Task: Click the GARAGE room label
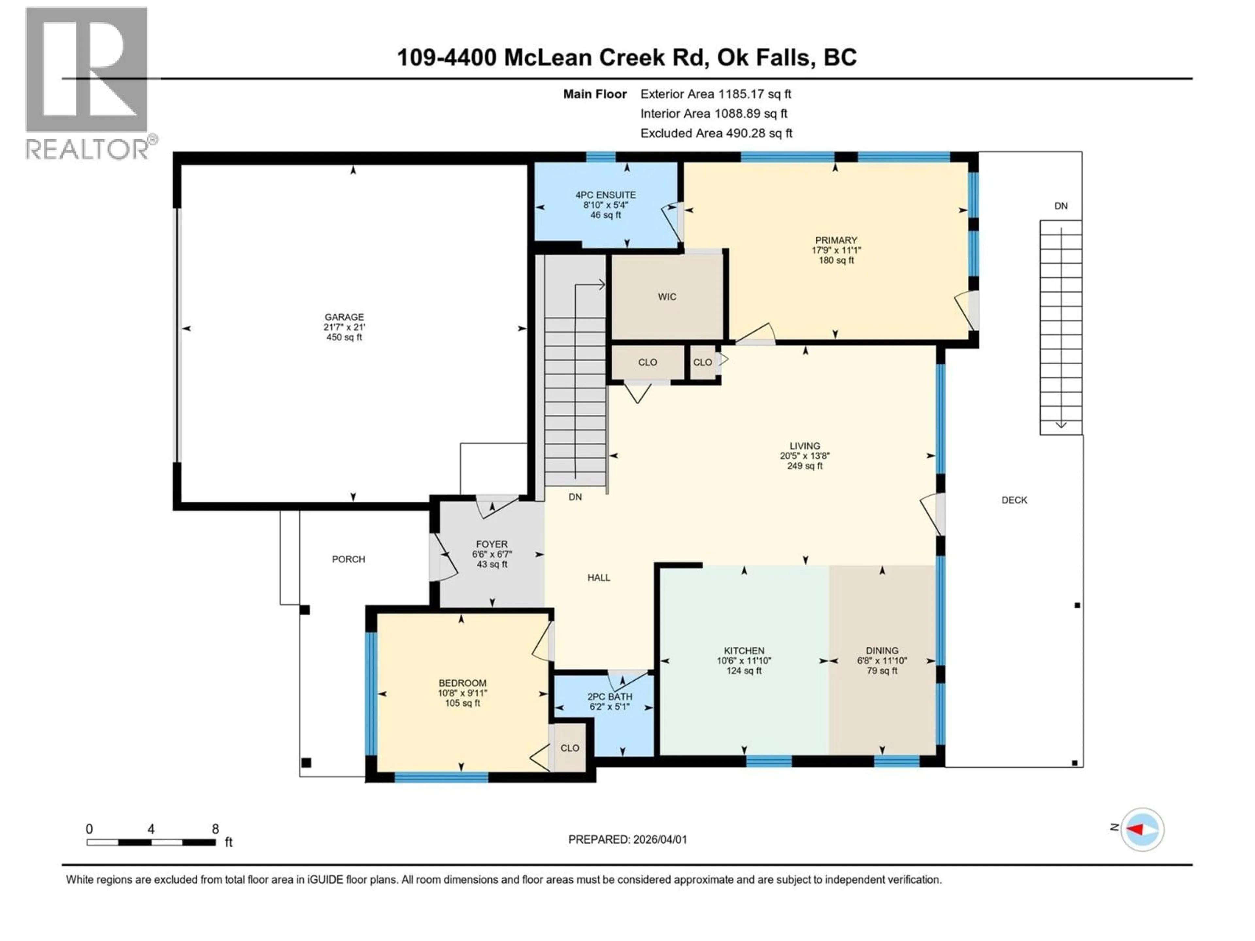344,317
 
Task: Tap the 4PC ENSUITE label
605,194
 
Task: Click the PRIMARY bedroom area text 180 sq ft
836,260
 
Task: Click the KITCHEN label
744,651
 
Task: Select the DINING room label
882,651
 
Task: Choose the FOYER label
491,544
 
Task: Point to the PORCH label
348,559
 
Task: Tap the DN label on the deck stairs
1061,206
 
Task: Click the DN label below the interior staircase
575,497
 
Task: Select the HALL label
598,577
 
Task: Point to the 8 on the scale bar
215,829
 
